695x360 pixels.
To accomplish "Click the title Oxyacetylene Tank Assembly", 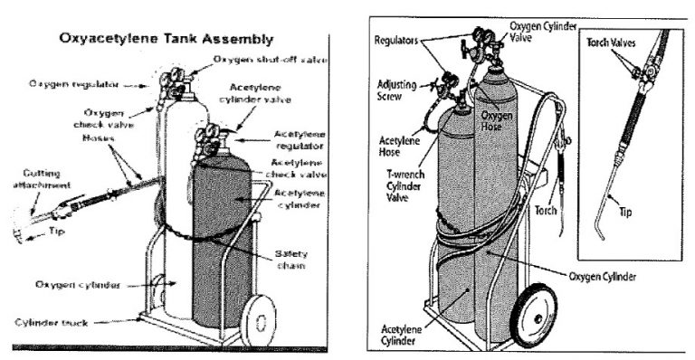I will [x=165, y=39].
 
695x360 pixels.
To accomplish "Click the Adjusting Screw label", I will [x=396, y=90].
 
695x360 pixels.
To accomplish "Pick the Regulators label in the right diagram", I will [x=397, y=42].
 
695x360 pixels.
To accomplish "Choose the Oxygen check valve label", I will [x=99, y=119].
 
